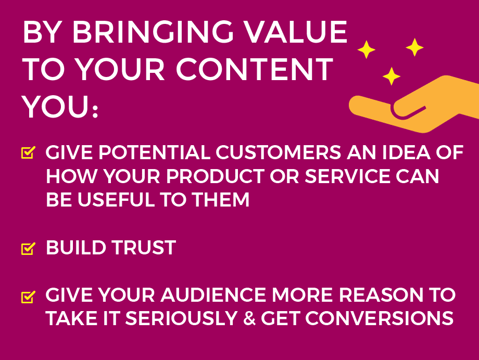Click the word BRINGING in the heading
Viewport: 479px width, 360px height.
(153, 32)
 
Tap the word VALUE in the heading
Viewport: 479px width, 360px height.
(296, 32)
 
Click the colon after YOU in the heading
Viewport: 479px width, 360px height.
(95, 111)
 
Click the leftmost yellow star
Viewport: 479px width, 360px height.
(366, 49)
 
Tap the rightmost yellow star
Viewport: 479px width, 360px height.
(414, 47)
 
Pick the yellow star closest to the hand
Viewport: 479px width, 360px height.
(392, 76)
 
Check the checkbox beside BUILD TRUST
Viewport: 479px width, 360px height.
(28, 249)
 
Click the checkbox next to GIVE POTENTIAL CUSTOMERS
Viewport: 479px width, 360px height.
(28, 152)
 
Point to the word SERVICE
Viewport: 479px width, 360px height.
(347, 176)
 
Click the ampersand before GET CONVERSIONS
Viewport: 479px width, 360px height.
(249, 319)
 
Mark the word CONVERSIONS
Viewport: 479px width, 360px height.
(380, 319)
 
